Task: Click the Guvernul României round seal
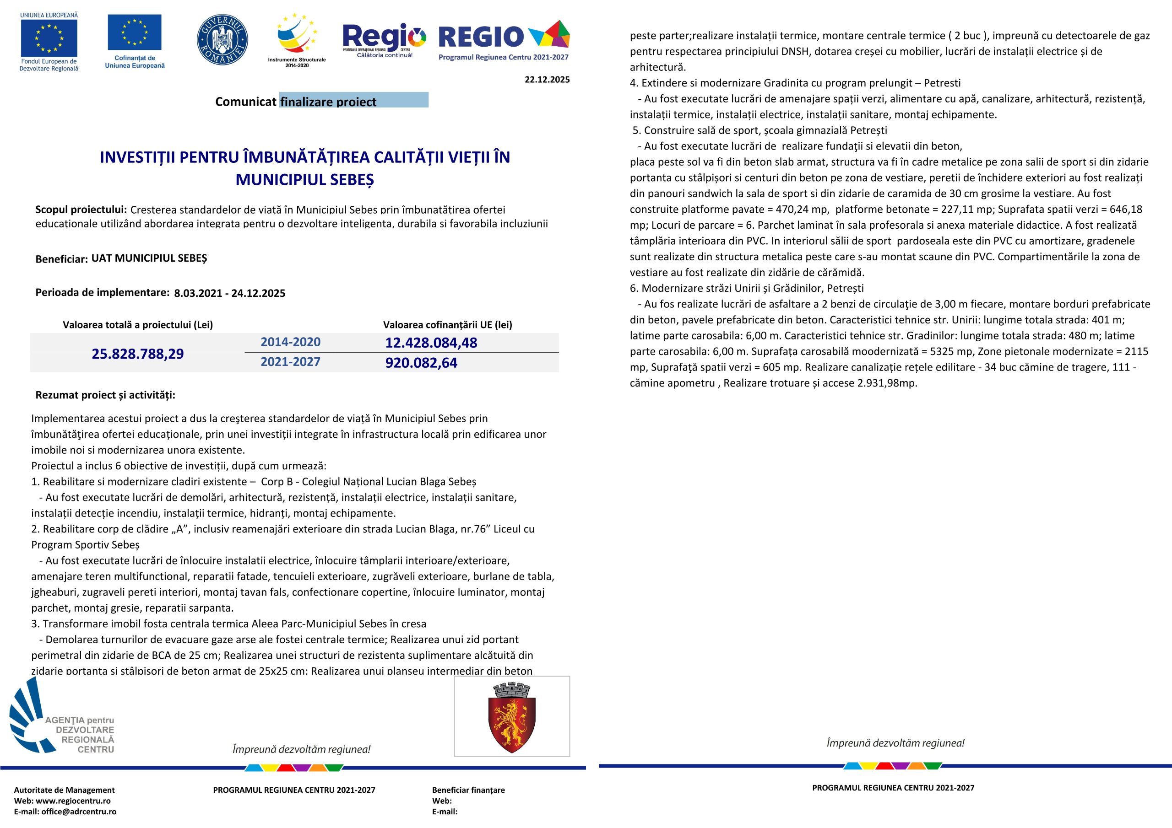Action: tap(222, 40)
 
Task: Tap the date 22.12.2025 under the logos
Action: tap(547, 80)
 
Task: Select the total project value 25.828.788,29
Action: tap(137, 354)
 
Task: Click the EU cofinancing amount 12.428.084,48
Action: tap(431, 343)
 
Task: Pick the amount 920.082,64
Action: tap(421, 363)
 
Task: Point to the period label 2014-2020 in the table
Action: tap(290, 342)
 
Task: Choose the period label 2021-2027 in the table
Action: tap(290, 362)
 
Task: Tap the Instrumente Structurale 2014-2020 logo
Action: tap(297, 41)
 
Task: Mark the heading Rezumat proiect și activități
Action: tap(105, 395)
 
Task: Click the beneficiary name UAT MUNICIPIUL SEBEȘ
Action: tap(149, 258)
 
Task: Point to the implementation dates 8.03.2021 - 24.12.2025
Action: tap(230, 293)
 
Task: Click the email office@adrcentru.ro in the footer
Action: tap(79, 812)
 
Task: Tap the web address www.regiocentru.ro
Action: tap(73, 801)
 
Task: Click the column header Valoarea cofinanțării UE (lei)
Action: tap(448, 324)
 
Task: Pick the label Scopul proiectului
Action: tap(81, 209)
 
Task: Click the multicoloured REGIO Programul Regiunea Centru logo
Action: tap(504, 41)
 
